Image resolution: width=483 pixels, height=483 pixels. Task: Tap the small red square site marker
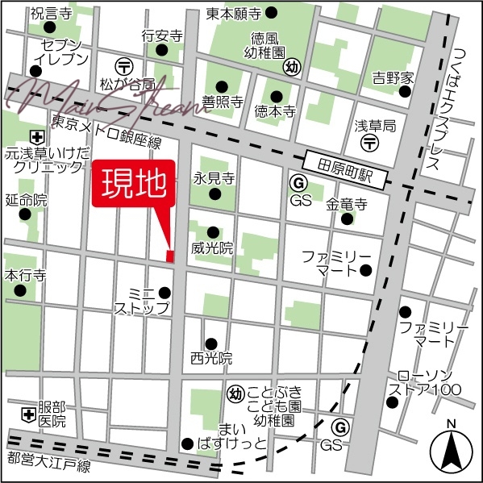click(x=169, y=256)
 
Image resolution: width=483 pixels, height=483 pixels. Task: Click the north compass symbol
click(x=452, y=451)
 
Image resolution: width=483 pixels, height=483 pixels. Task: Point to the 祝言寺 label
click(x=52, y=14)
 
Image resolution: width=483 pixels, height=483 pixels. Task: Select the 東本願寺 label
click(x=233, y=13)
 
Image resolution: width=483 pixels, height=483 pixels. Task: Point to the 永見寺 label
click(x=214, y=177)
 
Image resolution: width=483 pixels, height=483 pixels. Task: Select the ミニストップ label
click(x=142, y=300)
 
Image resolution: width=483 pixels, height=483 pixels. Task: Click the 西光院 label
click(x=211, y=357)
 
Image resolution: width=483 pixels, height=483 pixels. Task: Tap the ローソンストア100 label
click(x=426, y=383)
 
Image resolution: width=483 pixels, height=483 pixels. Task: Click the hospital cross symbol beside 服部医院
click(x=28, y=414)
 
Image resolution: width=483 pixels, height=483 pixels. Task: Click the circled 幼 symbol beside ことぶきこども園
click(x=235, y=393)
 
